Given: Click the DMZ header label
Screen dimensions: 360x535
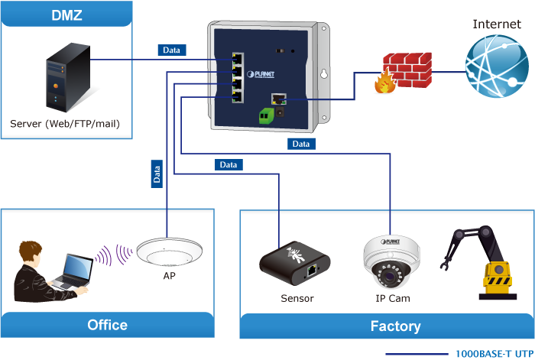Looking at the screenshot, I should pyautogui.click(x=66, y=15).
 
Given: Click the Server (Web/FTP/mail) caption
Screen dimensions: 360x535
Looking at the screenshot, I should pyautogui.click(x=65, y=123).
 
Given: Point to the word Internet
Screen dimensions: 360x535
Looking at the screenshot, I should pyautogui.click(x=497, y=24).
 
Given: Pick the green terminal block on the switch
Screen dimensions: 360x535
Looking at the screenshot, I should pyautogui.click(x=267, y=115).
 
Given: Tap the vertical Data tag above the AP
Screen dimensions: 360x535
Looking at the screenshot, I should pyautogui.click(x=157, y=175).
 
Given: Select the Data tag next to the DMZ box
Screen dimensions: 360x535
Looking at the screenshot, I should pyautogui.click(x=172, y=50).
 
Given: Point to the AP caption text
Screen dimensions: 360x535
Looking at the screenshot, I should pyautogui.click(x=169, y=275).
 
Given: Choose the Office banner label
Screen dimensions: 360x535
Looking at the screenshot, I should pyautogui.click(x=107, y=325).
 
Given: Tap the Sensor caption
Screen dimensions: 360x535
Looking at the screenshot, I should pyautogui.click(x=297, y=298).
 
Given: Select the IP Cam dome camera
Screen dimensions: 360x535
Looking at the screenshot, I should pyautogui.click(x=391, y=261).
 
